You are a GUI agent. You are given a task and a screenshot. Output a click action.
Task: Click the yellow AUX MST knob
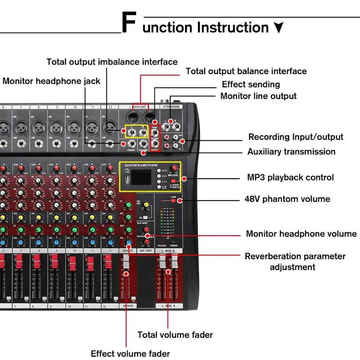(146, 205)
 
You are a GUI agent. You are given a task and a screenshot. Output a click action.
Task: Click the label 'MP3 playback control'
(290, 177)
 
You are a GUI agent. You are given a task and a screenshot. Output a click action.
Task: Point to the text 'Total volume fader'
(175, 335)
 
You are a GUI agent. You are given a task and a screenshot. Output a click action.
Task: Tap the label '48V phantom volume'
(287, 199)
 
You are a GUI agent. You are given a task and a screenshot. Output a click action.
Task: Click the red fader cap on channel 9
(54, 262)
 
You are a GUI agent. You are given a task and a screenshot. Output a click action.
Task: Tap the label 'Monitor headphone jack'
(51, 81)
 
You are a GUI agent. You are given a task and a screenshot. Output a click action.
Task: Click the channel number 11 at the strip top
(93, 107)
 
